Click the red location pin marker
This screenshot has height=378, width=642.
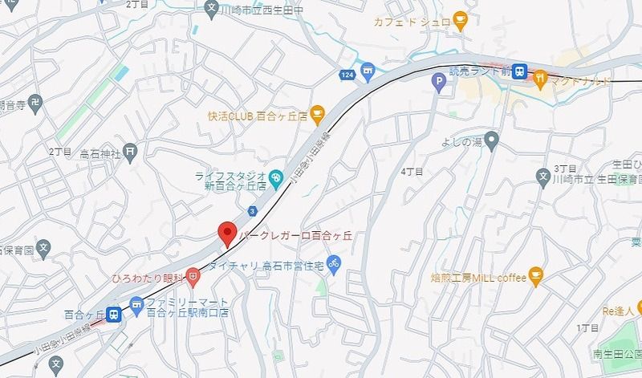tap(227, 233)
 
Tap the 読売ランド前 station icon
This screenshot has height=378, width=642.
tap(520, 71)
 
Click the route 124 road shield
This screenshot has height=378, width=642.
tap(347, 75)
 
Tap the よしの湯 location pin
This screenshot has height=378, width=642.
tap(492, 143)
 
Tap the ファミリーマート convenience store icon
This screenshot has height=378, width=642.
tap(136, 303)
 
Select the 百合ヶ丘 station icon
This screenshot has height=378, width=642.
tap(114, 315)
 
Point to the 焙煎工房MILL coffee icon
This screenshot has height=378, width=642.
tap(536, 278)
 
